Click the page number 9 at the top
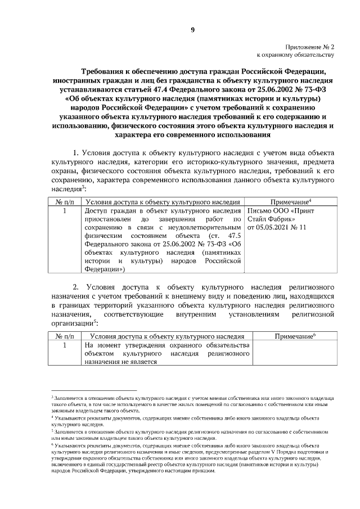(x=192, y=31)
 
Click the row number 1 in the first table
(x=65, y=211)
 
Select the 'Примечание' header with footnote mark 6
(x=294, y=336)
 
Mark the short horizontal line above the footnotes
(x=93, y=390)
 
